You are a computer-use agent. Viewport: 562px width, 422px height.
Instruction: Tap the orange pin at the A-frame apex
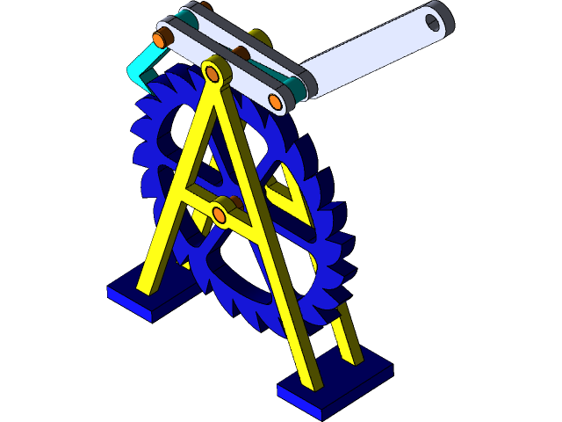pos(213,69)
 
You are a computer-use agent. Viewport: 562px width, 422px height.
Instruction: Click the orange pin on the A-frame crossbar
pos(220,214)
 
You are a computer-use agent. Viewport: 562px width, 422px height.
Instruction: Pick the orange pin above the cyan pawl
pos(161,39)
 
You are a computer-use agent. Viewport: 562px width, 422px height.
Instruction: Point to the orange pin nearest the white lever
pos(276,102)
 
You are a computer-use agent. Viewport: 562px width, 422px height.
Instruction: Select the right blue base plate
pos(334,383)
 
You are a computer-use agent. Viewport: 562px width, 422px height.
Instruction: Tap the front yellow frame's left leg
pos(171,211)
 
